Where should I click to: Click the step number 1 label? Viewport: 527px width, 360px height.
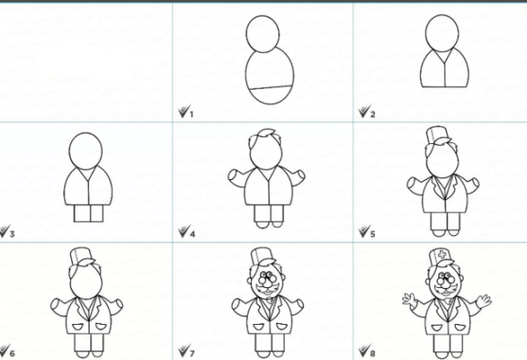[x=191, y=114]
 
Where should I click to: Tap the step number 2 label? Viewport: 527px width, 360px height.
[x=372, y=114]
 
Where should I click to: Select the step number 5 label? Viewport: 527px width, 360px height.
[x=372, y=234]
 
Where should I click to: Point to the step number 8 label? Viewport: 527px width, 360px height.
[x=372, y=353]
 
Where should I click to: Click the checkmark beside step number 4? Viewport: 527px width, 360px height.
[x=184, y=231]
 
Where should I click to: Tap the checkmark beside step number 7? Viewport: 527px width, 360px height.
[x=184, y=350]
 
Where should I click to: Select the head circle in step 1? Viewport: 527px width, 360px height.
[x=263, y=33]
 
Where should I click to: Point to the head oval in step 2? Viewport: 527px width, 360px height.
[x=443, y=33]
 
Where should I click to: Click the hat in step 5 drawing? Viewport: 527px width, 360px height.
[x=437, y=136]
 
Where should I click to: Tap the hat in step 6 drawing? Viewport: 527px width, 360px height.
[x=82, y=256]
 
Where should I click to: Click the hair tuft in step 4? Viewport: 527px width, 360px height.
[x=265, y=134]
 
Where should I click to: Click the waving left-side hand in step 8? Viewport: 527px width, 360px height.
[x=409, y=299]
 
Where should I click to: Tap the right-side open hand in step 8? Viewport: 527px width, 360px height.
[x=484, y=301]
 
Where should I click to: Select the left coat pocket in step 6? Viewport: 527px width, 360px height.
[x=77, y=326]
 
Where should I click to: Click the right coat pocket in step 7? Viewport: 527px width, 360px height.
[x=282, y=326]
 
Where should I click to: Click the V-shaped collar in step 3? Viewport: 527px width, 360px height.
[x=88, y=174]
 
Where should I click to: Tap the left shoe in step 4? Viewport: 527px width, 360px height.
[x=262, y=224]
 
